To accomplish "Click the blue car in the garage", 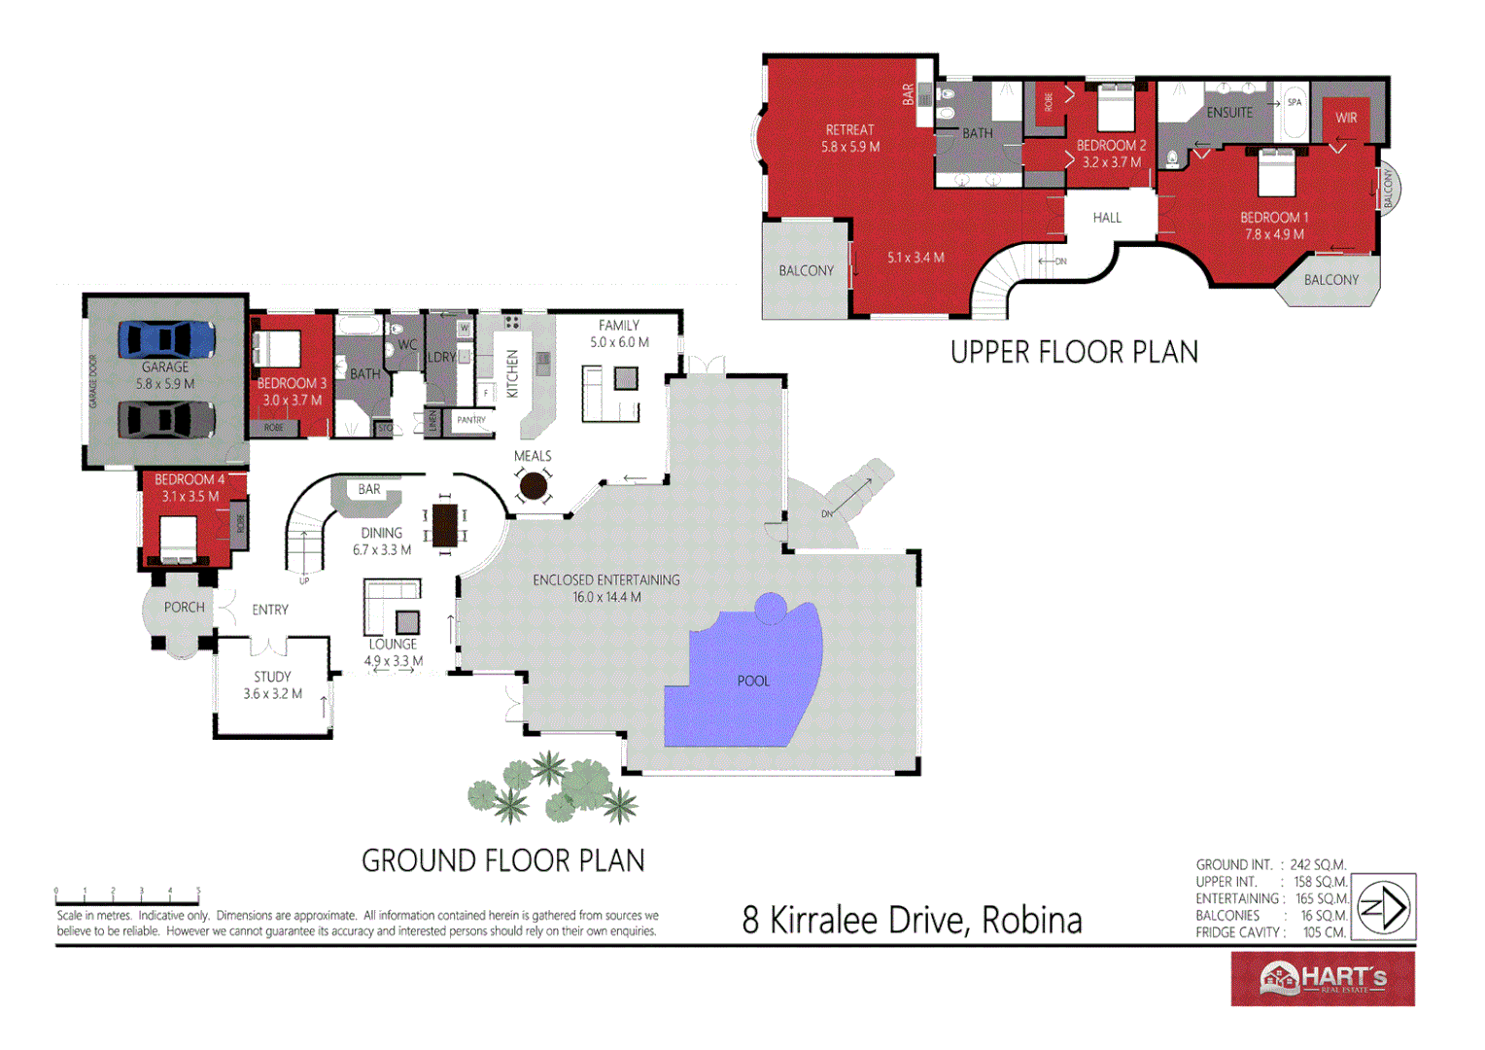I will (166, 339).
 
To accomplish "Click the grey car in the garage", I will (166, 420).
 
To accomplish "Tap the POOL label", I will (753, 681).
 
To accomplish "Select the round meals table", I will (533, 485).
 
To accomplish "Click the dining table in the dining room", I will (444, 525).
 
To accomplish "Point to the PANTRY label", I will (471, 420).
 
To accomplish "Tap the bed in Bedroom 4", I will (178, 540).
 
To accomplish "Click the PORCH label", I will (184, 608).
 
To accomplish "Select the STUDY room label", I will (272, 677).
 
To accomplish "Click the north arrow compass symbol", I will (1384, 907).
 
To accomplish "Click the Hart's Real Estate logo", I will (1322, 978).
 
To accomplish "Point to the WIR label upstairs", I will (1346, 118).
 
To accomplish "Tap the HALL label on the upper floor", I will (1107, 218).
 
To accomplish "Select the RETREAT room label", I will (849, 129).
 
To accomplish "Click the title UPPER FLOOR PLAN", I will (1074, 352).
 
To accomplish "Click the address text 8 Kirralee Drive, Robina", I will (912, 920).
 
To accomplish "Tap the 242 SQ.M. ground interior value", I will (1318, 864).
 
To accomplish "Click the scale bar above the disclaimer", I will (127, 899).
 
